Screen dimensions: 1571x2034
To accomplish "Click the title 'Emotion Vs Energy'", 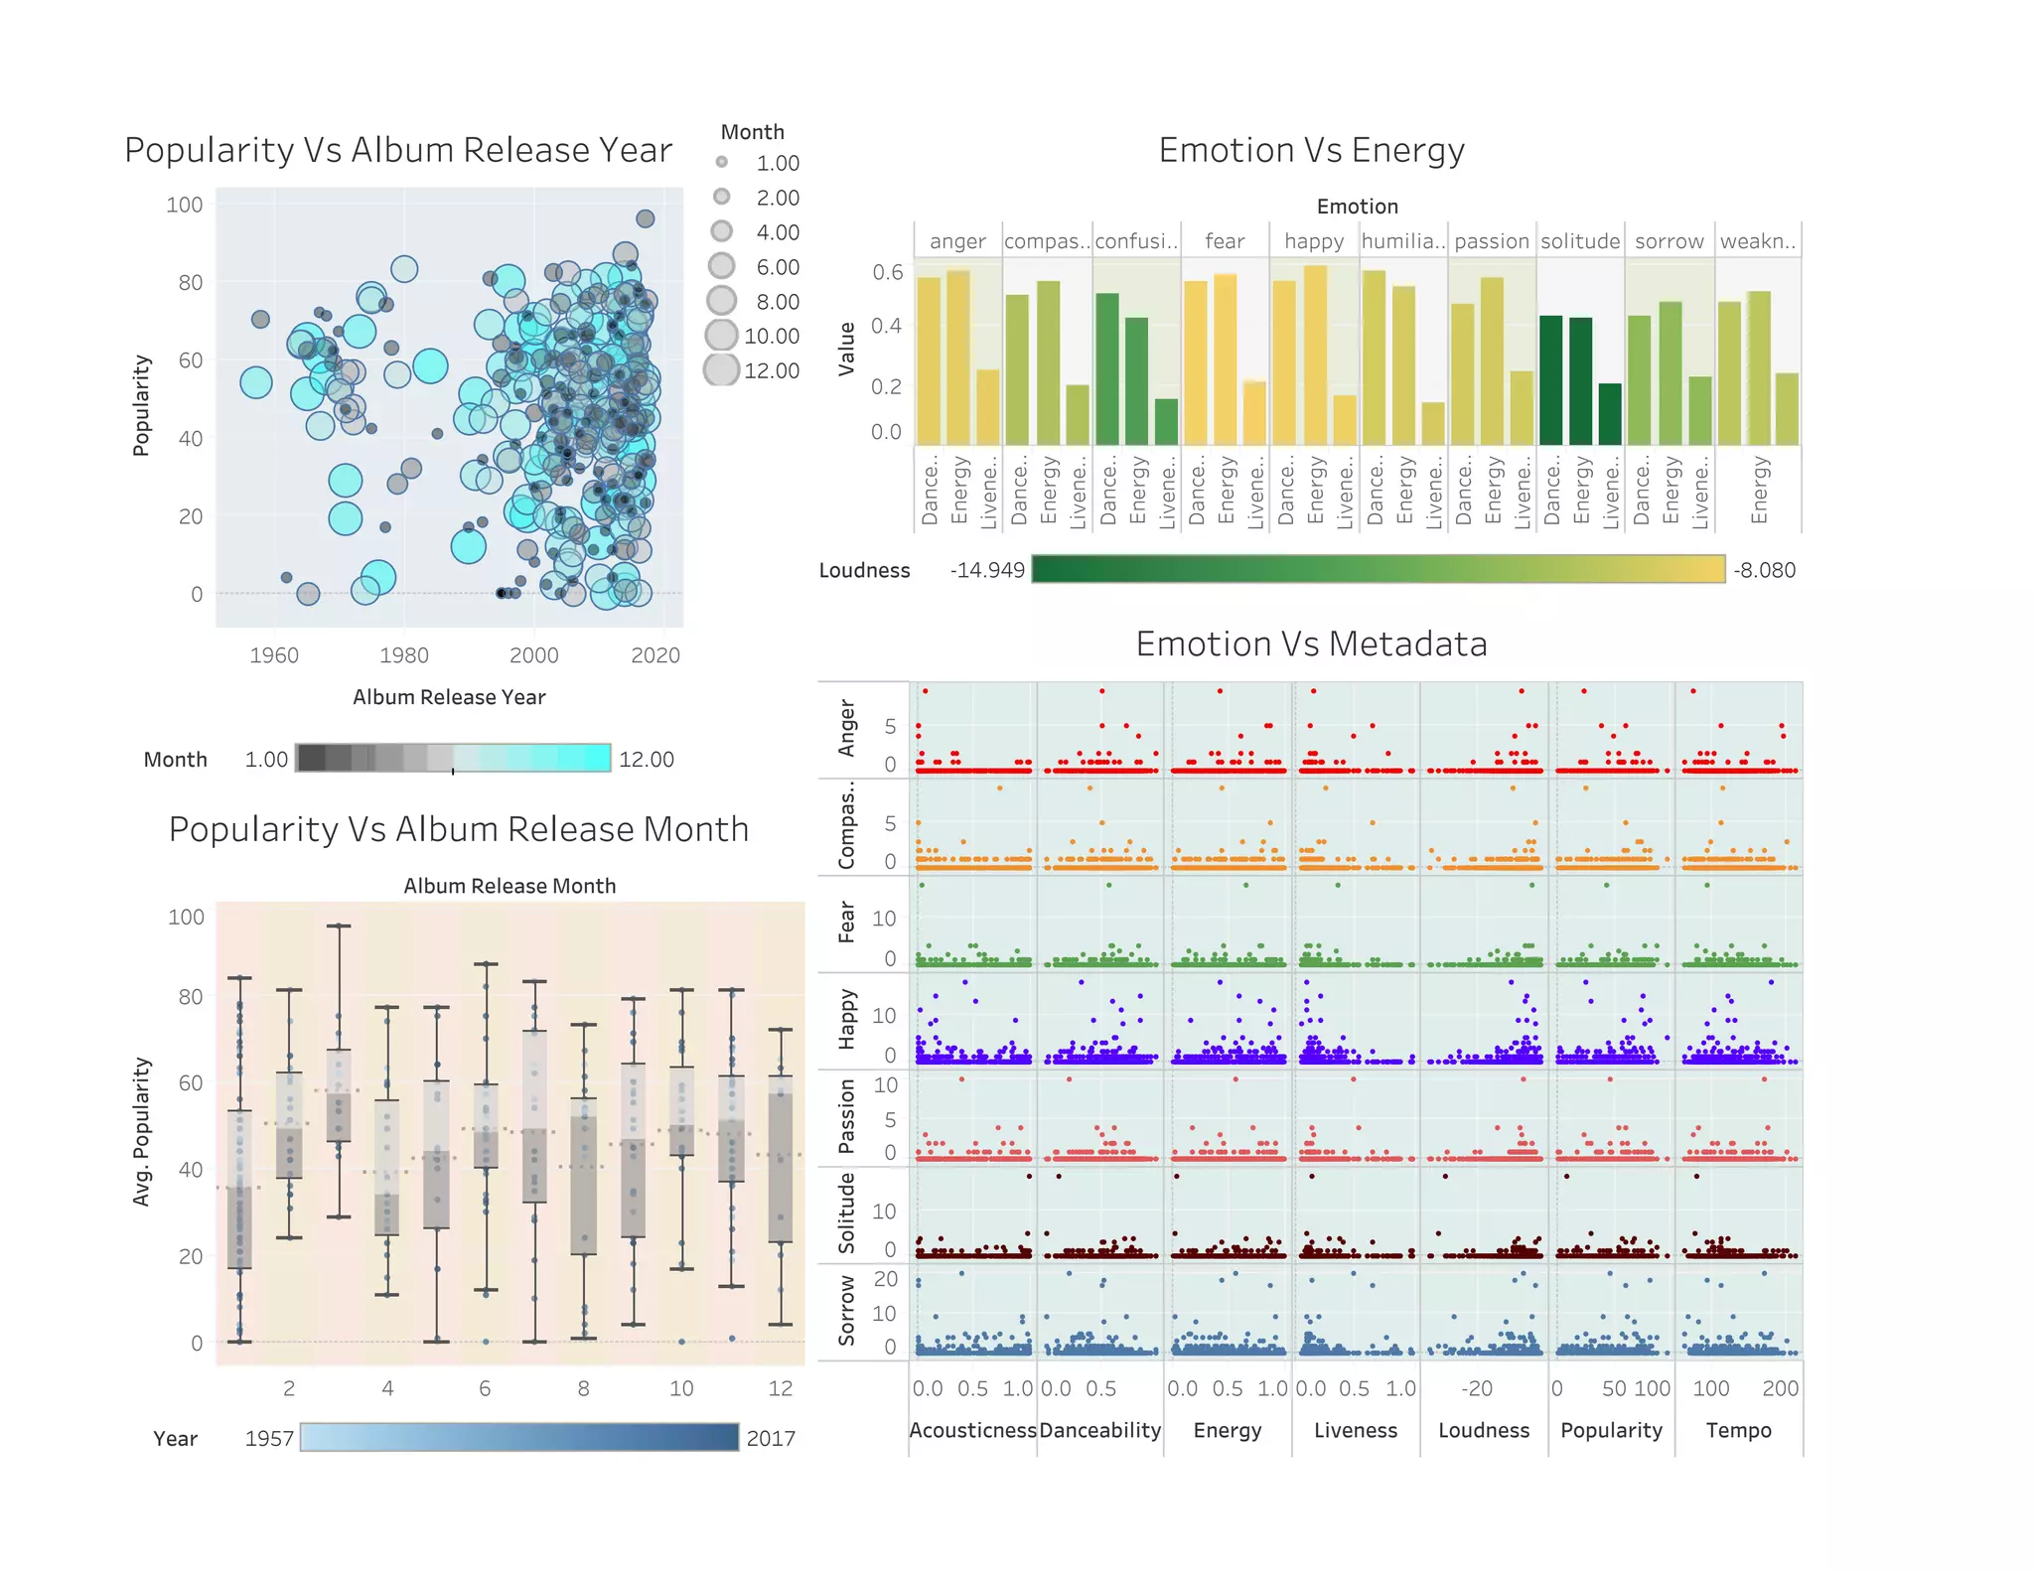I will (1310, 150).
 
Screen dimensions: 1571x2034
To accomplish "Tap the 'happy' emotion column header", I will (1313, 241).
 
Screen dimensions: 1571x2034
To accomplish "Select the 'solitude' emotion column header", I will (1579, 241).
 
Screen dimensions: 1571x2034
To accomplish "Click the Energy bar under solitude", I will (1580, 381).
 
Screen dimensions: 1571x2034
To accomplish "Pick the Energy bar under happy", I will (1314, 355).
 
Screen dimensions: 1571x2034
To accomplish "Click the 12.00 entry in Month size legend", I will (771, 370).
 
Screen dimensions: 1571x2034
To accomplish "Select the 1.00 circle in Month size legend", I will (722, 162).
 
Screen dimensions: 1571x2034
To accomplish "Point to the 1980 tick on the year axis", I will (404, 655).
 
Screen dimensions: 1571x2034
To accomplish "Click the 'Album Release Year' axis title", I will (448, 697).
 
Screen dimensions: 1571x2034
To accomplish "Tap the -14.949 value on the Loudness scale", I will (986, 570).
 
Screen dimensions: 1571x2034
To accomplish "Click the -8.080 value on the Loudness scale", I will (1764, 570).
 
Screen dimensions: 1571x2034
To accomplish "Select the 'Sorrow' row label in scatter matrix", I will (846, 1310).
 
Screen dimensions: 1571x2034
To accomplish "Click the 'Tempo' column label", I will (1738, 1430).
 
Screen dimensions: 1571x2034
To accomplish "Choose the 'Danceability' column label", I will (1099, 1430).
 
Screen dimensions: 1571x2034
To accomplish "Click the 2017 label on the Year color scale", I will (771, 1438).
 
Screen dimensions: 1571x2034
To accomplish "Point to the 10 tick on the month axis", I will (681, 1388).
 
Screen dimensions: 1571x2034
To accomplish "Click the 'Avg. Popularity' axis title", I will (142, 1131).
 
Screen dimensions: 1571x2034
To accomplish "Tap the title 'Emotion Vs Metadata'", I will (1310, 643).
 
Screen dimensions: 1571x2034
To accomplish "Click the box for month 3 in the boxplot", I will (339, 1095).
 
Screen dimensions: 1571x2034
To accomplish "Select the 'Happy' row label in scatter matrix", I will (846, 1019).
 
